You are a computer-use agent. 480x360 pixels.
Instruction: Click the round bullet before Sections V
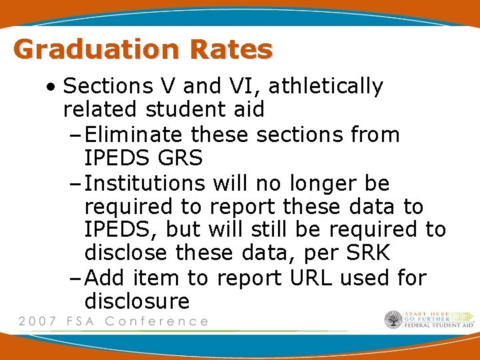point(51,87)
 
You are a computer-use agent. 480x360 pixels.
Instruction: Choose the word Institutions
point(148,182)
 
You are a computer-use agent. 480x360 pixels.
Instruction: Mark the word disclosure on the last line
point(137,301)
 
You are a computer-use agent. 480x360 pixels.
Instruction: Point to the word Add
point(107,277)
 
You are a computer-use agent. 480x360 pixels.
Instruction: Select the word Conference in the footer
point(157,321)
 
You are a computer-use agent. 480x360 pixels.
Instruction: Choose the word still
point(259,229)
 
